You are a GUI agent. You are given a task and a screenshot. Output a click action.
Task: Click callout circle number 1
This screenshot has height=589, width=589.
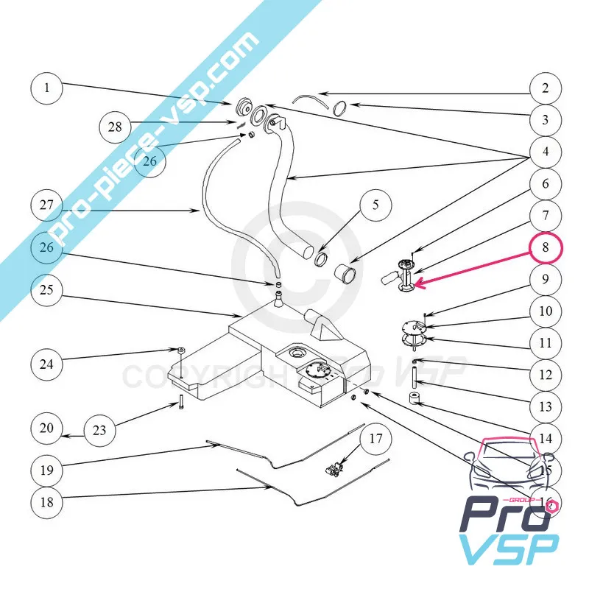[x=48, y=89]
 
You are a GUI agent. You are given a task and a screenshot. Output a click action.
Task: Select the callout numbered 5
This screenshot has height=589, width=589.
[x=375, y=205]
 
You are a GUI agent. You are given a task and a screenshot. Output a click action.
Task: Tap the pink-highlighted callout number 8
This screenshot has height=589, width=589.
[x=546, y=248]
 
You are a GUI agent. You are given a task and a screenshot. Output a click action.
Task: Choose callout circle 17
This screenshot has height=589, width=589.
[x=375, y=440]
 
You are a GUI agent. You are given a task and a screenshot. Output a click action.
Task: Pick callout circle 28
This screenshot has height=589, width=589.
[x=115, y=127]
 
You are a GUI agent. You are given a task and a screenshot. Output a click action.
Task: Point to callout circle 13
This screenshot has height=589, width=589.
[x=546, y=406]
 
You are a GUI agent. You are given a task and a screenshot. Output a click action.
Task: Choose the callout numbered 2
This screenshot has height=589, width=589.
[x=546, y=89]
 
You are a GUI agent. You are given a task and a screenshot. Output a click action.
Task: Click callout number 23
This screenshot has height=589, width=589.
[x=100, y=429]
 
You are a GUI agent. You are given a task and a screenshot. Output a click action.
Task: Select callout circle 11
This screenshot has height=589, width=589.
[x=546, y=343]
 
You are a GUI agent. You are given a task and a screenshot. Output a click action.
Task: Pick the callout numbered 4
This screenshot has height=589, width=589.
[x=546, y=153]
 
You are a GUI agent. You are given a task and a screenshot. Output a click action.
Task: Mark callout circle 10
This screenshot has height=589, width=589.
[x=546, y=311]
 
